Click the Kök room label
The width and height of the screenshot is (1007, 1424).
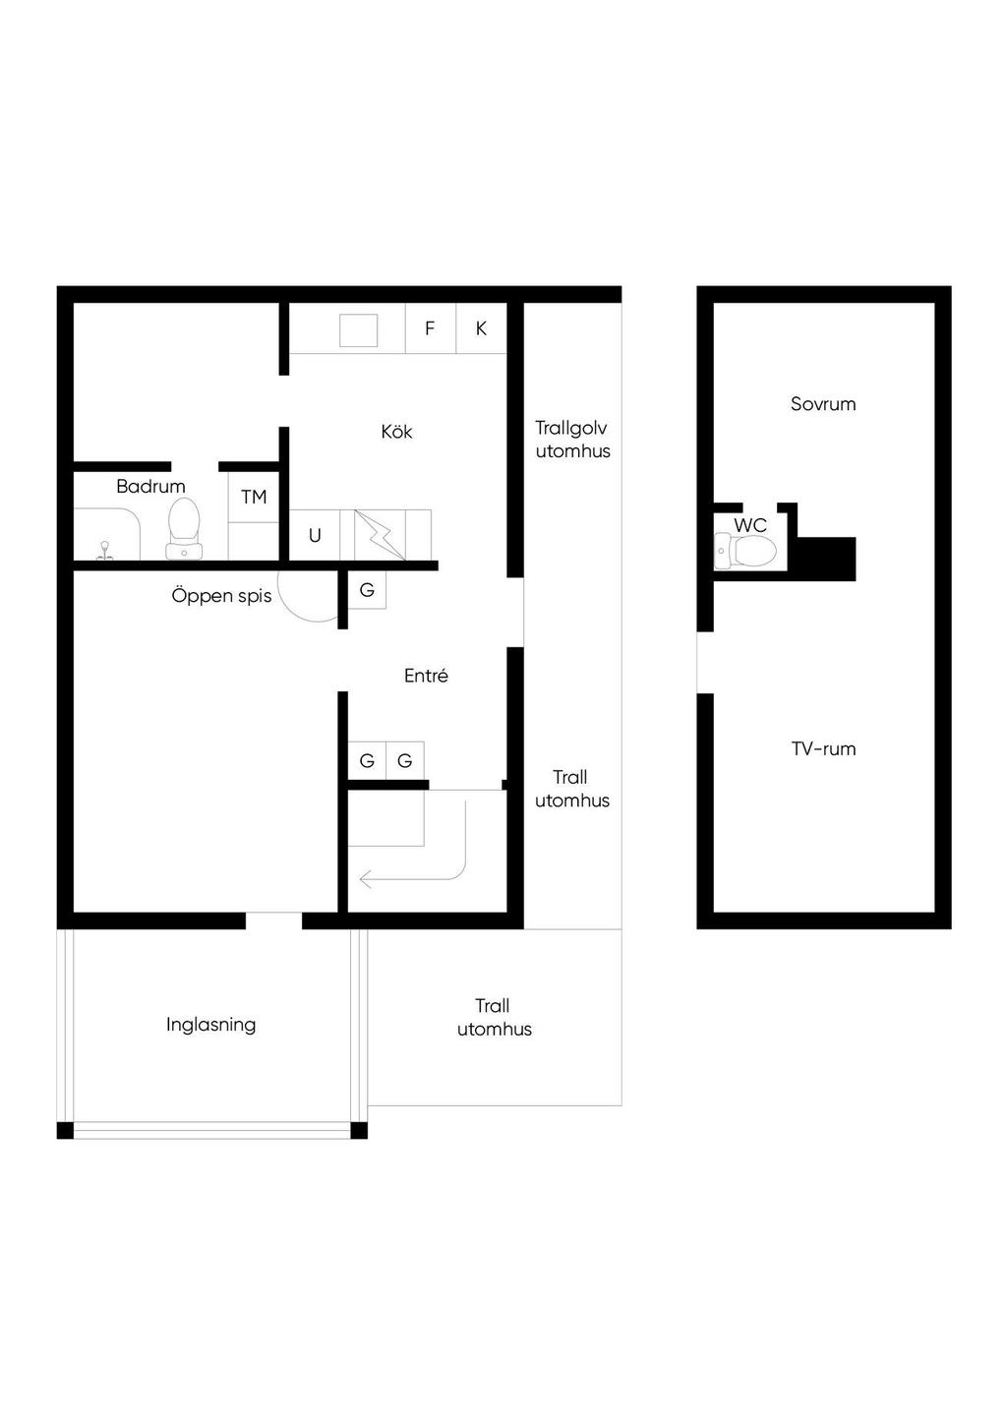[396, 432]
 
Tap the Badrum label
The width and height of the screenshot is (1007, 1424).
[150, 487]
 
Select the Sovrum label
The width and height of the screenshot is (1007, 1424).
[823, 403]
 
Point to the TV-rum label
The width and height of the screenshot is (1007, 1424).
[823, 748]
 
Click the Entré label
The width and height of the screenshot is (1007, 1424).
[426, 676]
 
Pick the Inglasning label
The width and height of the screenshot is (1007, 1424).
[211, 1025]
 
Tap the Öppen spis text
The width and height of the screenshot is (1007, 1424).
[221, 595]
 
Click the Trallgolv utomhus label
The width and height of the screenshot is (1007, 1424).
[572, 440]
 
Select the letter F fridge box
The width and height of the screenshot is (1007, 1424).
[431, 328]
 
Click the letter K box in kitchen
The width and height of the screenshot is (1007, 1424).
[481, 328]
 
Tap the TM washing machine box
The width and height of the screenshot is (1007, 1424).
[254, 498]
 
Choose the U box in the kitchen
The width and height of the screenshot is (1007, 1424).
[315, 535]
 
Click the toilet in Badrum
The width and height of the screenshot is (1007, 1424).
[184, 528]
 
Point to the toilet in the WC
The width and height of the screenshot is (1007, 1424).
[745, 551]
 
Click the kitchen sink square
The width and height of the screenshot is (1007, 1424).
[359, 330]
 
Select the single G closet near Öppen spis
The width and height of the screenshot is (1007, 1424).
[367, 590]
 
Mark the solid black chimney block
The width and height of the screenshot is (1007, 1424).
[825, 559]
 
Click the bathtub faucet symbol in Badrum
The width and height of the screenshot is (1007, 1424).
[104, 551]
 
